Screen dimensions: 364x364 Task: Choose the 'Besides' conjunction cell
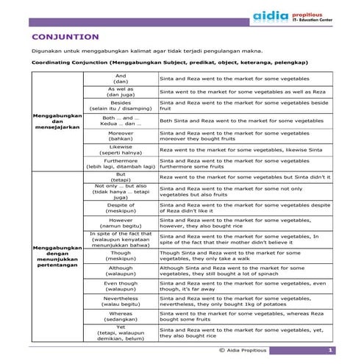tap(121, 105)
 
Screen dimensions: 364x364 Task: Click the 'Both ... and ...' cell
tap(121, 120)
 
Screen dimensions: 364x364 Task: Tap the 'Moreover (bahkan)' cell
tap(121, 135)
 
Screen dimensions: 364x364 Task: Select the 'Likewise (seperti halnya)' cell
tap(121, 149)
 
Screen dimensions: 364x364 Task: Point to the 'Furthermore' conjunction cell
tap(121, 163)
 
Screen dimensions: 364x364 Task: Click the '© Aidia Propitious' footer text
tap(243, 350)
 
